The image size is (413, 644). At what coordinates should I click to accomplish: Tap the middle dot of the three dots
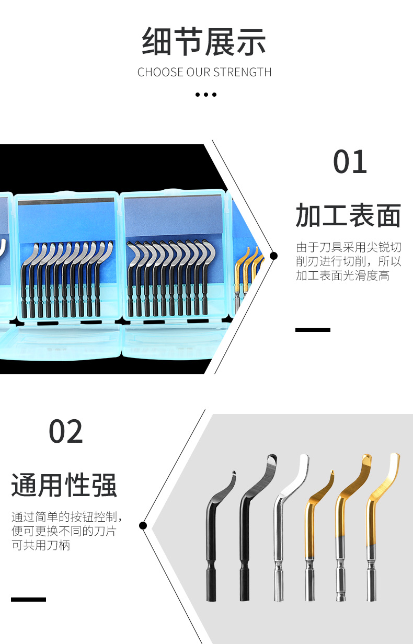206,95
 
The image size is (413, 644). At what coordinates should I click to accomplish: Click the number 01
350,163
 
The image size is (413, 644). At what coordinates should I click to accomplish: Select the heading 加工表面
348,215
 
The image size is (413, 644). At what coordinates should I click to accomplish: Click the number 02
66,432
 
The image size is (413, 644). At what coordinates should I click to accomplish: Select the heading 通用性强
64,485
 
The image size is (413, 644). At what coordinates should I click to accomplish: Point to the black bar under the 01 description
313,330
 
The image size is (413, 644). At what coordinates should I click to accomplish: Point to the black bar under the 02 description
28,599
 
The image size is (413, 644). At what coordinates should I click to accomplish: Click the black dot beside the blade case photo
273,256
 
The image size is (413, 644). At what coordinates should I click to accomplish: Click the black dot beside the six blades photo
143,525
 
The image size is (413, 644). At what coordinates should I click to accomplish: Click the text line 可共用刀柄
41,545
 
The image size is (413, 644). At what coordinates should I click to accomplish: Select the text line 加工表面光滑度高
342,275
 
